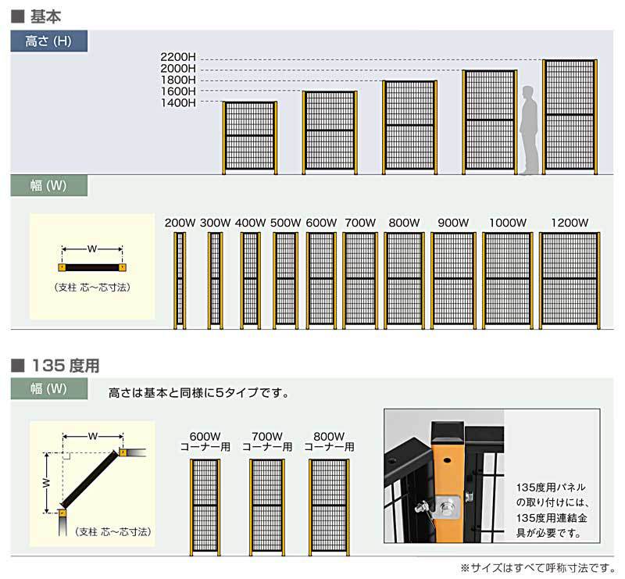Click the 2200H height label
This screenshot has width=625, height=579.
click(178, 57)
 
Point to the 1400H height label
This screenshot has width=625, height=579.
click(178, 103)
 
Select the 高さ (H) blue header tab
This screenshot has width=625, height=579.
click(48, 41)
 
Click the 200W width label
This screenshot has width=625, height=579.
click(180, 223)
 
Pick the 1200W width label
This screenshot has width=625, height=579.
click(570, 223)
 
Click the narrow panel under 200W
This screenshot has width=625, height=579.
click(180, 281)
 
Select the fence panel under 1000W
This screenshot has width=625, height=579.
click(507, 281)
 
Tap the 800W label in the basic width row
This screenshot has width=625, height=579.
click(404, 223)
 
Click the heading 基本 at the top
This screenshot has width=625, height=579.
click(46, 16)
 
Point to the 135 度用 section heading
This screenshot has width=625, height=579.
click(66, 366)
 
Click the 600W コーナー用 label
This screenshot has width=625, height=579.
click(205, 441)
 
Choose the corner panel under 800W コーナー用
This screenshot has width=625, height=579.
click(329, 507)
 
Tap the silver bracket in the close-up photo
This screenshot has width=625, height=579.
click(448, 507)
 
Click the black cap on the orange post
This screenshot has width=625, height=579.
click(448, 432)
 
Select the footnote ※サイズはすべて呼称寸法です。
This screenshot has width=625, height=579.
click(537, 567)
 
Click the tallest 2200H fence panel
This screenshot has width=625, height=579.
click(570, 117)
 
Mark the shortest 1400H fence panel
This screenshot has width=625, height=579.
click(250, 138)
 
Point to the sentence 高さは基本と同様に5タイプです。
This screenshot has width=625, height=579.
click(199, 393)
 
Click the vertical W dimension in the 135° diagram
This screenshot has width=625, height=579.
click(47, 483)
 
